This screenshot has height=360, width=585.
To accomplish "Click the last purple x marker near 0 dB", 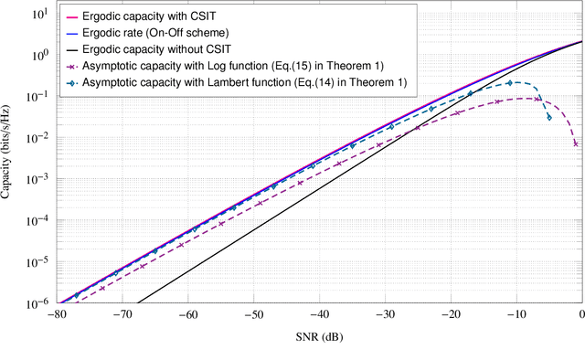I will [576, 143].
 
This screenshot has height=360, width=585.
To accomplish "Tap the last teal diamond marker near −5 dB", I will [548, 117].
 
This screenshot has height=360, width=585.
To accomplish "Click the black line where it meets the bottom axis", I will [140, 302].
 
